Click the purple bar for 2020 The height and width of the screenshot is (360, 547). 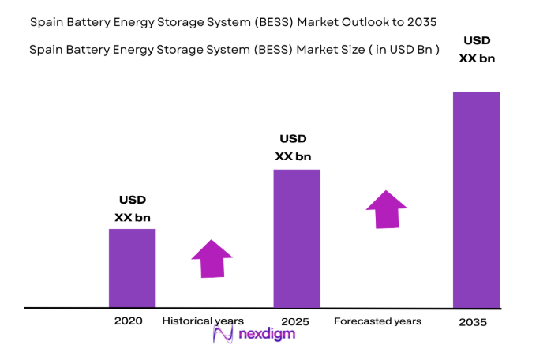pos(132,268)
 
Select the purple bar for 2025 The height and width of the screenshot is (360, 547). pos(296,238)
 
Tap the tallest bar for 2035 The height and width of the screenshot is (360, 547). pos(476,199)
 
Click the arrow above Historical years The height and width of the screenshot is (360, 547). pos(212,258)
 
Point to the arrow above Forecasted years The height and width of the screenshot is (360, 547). pos(386,209)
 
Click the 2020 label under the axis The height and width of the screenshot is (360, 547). pos(128,321)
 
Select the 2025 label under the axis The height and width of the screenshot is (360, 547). pos(294,322)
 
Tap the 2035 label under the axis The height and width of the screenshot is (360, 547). pos(474,322)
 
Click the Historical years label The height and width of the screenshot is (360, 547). pos(203,321)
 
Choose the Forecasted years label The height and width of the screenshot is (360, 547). pos(377,321)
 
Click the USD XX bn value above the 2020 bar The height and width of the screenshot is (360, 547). pos(132,208)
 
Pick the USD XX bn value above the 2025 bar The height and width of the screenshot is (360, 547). pos(293,148)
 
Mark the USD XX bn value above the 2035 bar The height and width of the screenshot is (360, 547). pos(476,49)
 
